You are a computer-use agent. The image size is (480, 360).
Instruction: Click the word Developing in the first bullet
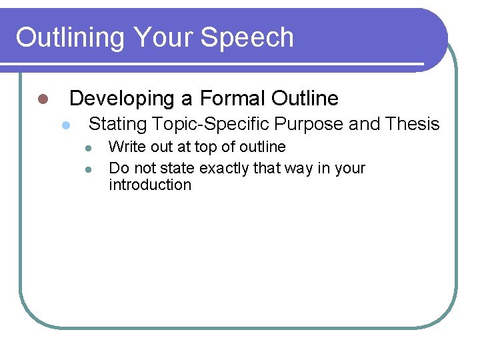tap(121, 99)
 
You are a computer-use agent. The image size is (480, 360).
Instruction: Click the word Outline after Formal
tap(305, 99)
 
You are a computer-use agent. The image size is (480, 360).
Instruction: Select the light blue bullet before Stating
tap(65, 125)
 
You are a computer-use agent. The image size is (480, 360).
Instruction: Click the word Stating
tap(118, 124)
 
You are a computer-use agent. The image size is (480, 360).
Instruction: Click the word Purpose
tap(311, 124)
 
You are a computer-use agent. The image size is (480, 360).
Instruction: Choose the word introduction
tap(149, 185)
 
